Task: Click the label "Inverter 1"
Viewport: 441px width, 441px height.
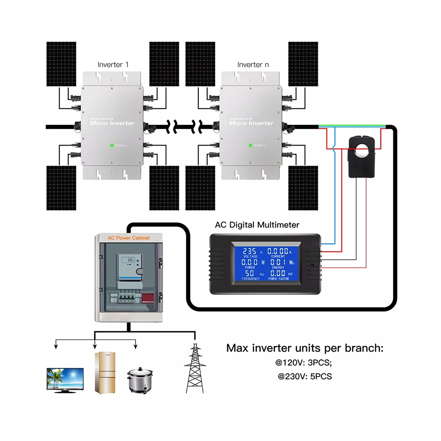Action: click(113, 64)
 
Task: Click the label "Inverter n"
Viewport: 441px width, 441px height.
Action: click(253, 64)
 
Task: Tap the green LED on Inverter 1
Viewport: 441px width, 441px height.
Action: click(112, 144)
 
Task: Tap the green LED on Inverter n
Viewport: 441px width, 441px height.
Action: click(250, 144)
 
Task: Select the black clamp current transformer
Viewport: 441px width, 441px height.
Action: click(362, 157)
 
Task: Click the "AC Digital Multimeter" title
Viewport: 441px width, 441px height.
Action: click(257, 225)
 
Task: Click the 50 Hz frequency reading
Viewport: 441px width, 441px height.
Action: click(249, 274)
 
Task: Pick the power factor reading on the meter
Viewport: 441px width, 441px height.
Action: click(280, 274)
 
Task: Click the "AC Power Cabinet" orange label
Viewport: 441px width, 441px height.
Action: click(129, 238)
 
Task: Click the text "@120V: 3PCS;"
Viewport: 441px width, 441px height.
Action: click(305, 364)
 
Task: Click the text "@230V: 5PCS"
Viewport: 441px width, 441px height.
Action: click(305, 377)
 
